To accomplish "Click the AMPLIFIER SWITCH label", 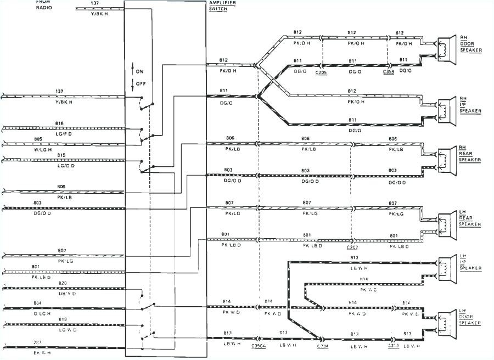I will (220, 6).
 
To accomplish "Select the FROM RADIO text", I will (44, 5).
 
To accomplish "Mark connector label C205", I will (321, 72).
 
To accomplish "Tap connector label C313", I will (392, 346).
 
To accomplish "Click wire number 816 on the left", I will (59, 123).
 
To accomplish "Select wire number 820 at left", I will (62, 283).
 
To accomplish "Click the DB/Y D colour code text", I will (62, 294).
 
